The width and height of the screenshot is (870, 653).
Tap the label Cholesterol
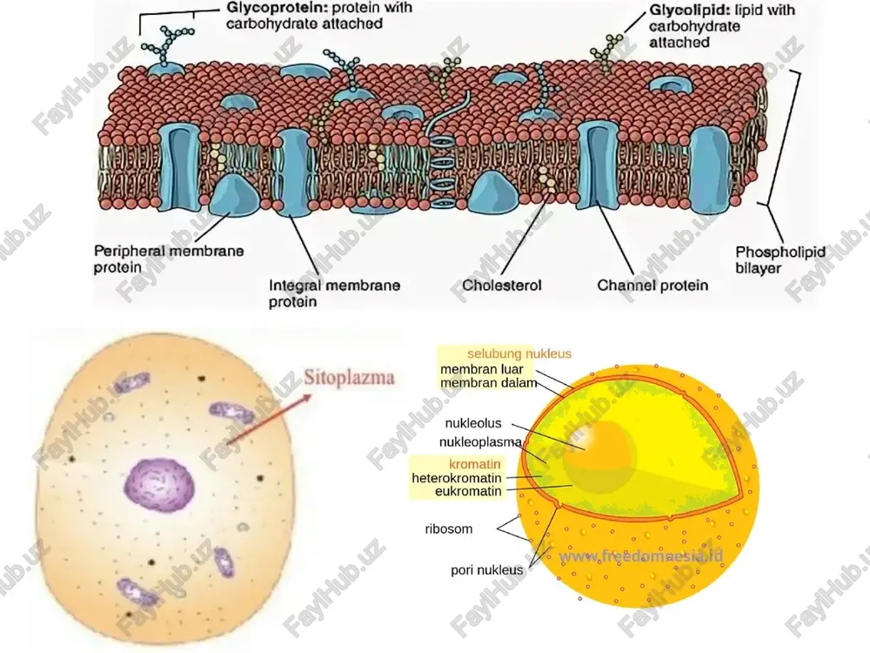(502, 286)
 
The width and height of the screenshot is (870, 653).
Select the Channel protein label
(652, 286)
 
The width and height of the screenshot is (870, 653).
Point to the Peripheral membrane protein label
(169, 259)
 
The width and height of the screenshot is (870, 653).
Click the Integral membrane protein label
(335, 293)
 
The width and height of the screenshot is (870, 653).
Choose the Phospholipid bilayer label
(780, 259)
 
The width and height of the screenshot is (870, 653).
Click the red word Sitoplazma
(349, 378)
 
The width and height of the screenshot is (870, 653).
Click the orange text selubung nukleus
(519, 353)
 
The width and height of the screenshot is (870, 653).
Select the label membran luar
(482, 368)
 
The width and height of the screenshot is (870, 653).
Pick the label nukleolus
(472, 423)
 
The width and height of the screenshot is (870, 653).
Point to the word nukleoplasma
(480, 442)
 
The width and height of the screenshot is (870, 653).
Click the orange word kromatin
(474, 464)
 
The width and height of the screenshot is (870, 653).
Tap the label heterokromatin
(457, 477)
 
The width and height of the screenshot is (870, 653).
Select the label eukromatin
(468, 491)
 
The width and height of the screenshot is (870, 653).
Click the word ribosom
(449, 528)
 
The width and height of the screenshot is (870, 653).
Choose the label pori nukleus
(486, 570)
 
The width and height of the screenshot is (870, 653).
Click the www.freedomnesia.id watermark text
(641, 556)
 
